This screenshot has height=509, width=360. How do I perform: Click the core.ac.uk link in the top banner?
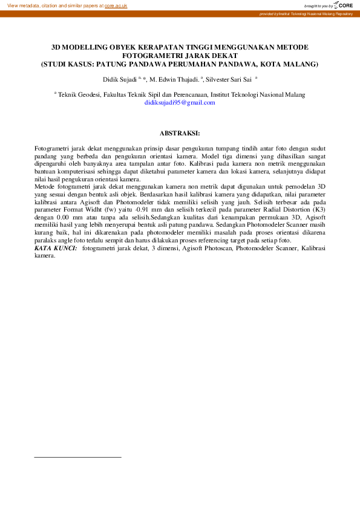[116, 5]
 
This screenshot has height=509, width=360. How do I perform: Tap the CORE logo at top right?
[344, 5]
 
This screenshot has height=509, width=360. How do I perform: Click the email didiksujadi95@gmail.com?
[180, 103]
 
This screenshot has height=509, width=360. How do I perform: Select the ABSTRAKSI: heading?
[179, 132]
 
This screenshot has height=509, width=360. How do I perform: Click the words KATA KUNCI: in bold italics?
[56, 248]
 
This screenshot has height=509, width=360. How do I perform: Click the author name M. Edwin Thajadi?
[174, 79]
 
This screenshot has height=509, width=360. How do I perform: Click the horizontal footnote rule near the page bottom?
[77, 457]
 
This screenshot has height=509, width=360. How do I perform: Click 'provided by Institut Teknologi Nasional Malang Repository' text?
[306, 13]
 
